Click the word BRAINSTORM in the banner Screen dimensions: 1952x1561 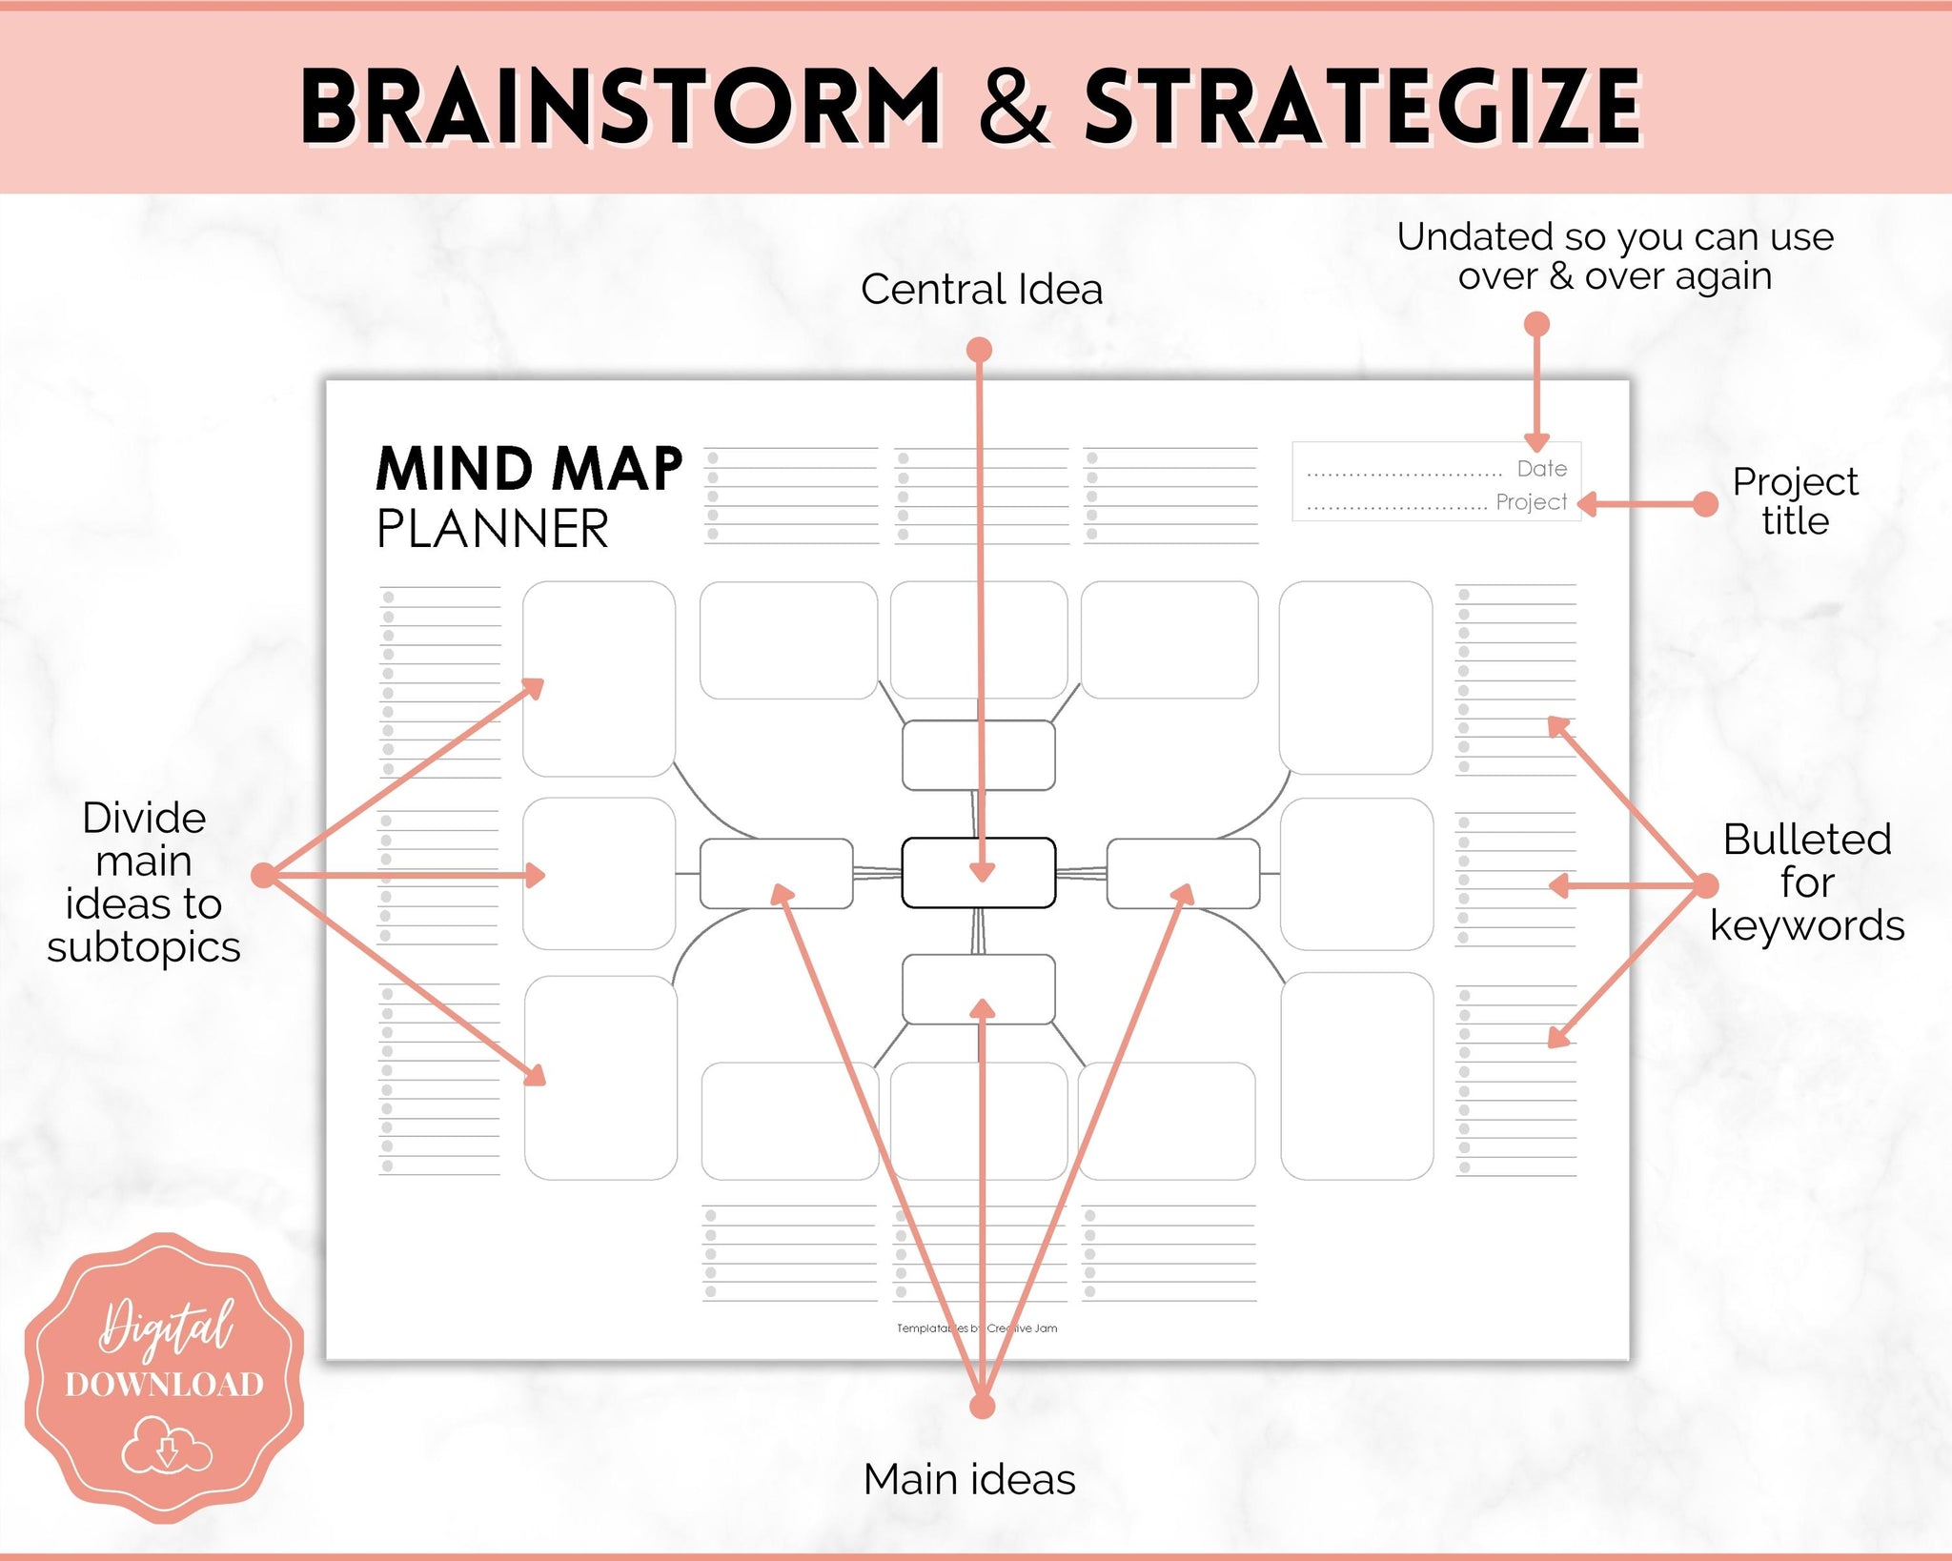pos(621,107)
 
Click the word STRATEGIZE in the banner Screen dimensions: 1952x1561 pos(1363,107)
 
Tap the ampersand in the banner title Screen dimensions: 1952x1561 pos(1014,107)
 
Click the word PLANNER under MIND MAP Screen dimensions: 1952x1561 pos(493,529)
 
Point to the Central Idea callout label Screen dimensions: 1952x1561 pos(982,289)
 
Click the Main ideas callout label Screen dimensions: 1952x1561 pos(969,1479)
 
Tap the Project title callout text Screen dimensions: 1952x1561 pos(1796,501)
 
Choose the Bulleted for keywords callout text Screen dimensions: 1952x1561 pos(1807,882)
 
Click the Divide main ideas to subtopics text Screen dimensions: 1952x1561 pos(144,882)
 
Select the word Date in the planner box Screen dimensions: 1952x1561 pos(1542,469)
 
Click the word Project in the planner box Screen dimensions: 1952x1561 pos(1532,502)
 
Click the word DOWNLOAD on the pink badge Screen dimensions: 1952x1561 pos(164,1384)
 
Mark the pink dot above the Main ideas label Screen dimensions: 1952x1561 pos(982,1406)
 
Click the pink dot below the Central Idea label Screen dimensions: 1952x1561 pos(980,350)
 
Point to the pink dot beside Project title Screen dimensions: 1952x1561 pos(1705,504)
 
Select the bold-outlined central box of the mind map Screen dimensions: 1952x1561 pos(979,872)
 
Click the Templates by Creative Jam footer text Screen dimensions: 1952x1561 pos(977,1328)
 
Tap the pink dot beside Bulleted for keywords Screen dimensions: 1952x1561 pos(1705,885)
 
